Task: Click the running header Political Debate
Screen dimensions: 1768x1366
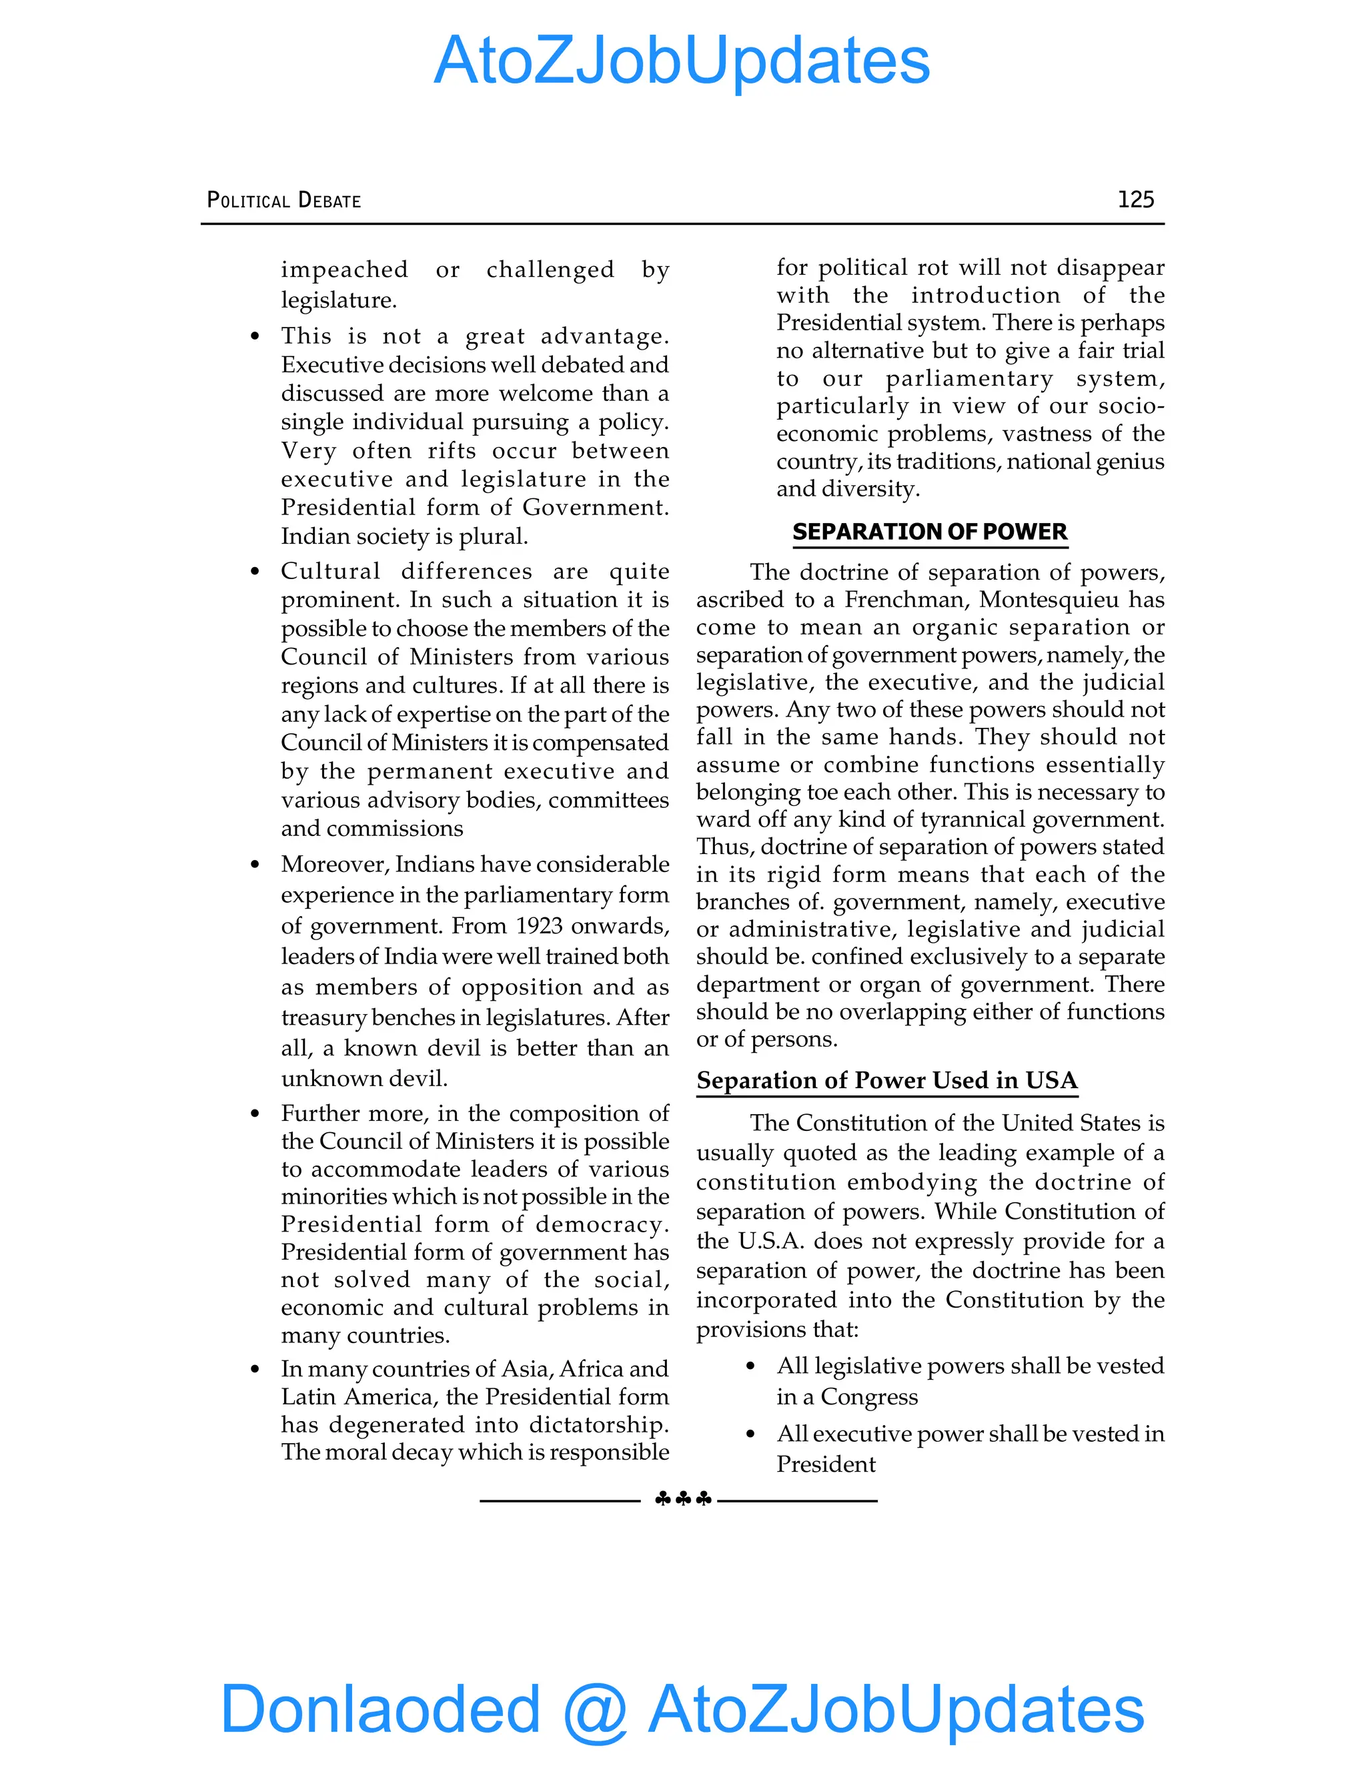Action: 284,200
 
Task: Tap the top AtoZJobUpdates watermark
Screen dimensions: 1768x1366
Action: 682,61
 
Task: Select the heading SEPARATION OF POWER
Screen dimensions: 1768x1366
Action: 930,532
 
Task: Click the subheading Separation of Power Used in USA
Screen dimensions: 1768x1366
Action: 887,1081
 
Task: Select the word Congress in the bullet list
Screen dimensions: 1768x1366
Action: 869,1396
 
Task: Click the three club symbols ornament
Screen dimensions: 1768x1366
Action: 683,1499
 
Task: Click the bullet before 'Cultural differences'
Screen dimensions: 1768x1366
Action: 255,572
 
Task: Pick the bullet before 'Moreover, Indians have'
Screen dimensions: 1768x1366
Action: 255,865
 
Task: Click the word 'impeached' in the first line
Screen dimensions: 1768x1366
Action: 344,270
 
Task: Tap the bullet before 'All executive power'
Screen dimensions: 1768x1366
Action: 750,1434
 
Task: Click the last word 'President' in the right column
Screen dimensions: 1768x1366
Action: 826,1464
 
